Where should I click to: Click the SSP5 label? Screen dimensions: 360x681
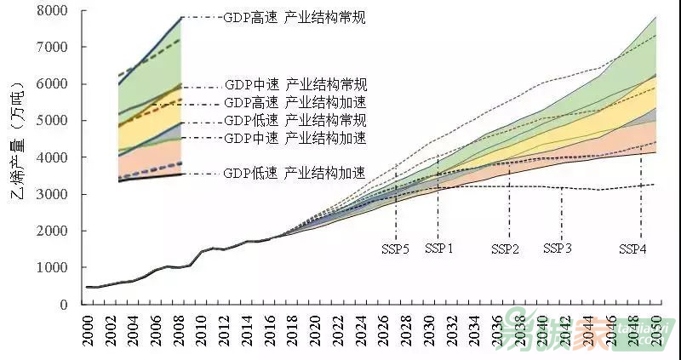click(395, 249)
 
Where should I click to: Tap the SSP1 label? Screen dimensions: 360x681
click(438, 249)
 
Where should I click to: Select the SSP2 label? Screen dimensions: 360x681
click(506, 249)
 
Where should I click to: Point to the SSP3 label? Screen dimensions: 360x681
click(558, 249)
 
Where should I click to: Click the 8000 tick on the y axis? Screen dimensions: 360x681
click(53, 11)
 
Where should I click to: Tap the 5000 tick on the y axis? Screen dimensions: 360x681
click(53, 121)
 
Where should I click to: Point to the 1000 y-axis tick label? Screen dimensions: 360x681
click(53, 268)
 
